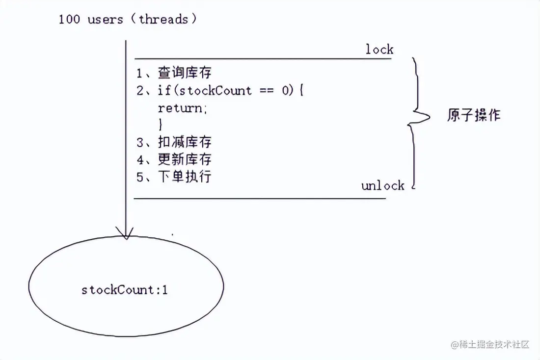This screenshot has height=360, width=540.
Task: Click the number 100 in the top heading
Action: click(69, 20)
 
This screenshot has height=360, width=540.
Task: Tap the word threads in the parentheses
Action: click(163, 20)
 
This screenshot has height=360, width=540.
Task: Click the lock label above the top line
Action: click(379, 50)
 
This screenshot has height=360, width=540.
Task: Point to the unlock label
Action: click(383, 185)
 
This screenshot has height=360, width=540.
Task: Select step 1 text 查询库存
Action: click(185, 74)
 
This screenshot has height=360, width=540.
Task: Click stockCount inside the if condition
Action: click(216, 91)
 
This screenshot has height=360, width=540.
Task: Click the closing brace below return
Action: click(161, 125)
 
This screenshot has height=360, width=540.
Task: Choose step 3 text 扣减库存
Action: click(185, 142)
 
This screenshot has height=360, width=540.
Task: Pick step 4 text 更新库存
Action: click(185, 159)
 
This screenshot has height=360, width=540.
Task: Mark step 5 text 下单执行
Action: click(185, 177)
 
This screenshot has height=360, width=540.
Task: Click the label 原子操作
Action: click(474, 116)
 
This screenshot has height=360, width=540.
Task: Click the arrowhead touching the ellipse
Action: click(126, 233)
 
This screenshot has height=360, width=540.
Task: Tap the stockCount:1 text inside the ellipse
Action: click(125, 290)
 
